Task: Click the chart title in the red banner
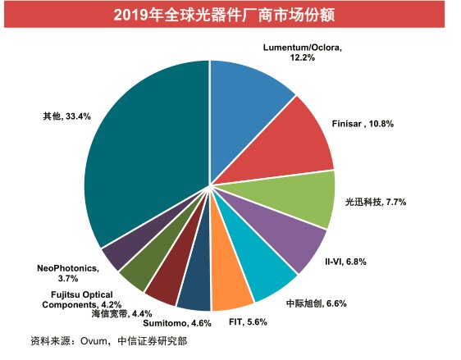pyautogui.click(x=224, y=15)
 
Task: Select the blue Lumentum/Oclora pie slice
pyautogui.click(x=247, y=103)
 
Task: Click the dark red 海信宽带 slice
pyautogui.click(x=173, y=273)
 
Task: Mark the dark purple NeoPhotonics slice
pyautogui.click(x=124, y=250)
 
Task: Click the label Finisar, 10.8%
pyautogui.click(x=363, y=124)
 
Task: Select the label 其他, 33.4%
pyautogui.click(x=66, y=116)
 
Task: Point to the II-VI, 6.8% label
pyautogui.click(x=345, y=262)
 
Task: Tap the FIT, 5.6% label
pyautogui.click(x=248, y=322)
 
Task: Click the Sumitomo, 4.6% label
pyautogui.click(x=177, y=323)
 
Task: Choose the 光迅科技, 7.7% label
pyautogui.click(x=376, y=202)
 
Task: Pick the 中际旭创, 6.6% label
pyautogui.click(x=317, y=303)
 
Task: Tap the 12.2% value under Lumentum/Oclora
pyautogui.click(x=302, y=57)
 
